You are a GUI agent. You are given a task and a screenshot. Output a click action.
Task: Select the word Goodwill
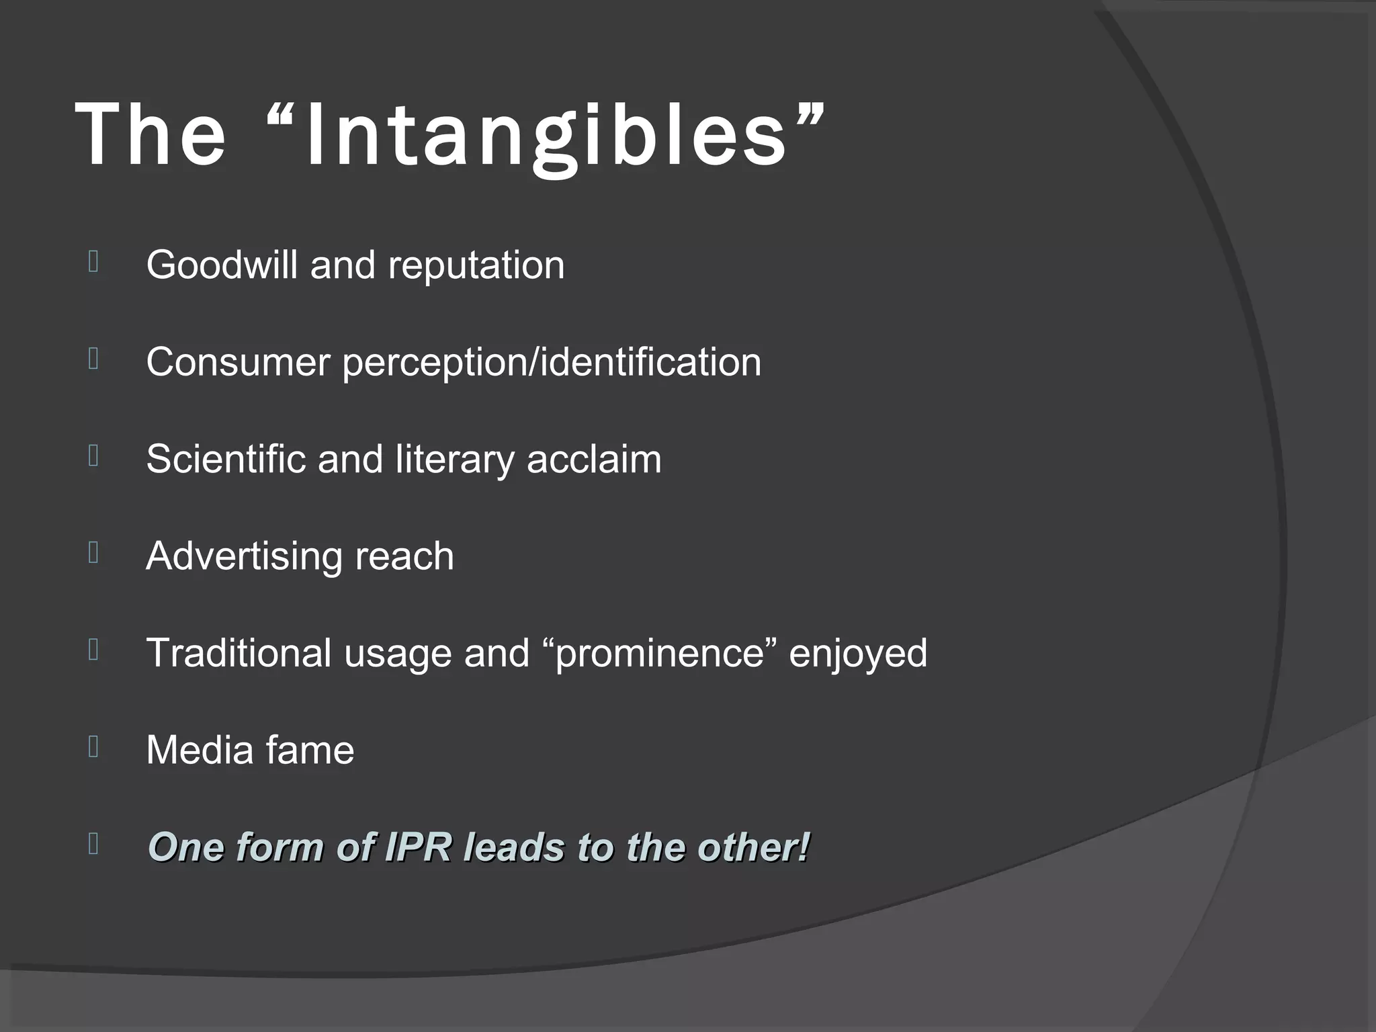222,265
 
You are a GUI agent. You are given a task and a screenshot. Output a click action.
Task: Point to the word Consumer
238,362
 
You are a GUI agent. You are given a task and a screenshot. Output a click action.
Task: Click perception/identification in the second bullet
552,362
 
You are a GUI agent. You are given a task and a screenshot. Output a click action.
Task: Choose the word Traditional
239,653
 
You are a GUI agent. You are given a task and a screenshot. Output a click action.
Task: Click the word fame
309,750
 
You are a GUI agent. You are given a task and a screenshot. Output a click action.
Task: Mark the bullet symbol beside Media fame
93,746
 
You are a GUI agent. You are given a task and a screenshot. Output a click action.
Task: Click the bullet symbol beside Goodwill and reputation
93,261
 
